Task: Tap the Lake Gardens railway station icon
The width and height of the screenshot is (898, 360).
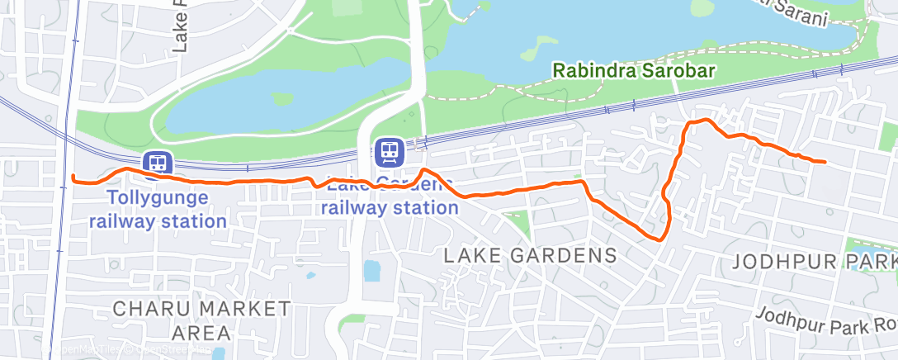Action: [390, 152]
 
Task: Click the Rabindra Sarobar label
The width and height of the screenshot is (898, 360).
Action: [634, 70]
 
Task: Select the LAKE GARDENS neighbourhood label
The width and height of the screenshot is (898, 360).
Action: [531, 255]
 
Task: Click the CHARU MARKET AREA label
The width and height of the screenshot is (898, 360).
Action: [201, 320]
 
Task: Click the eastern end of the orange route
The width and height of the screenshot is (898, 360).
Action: [825, 162]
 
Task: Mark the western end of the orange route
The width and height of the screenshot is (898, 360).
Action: [74, 178]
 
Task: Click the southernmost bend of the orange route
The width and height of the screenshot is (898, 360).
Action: [659, 239]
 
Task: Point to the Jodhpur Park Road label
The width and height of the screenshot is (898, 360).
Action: [825, 322]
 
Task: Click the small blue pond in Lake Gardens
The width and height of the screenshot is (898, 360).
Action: [371, 270]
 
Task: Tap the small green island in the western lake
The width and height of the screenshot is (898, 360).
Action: [282, 99]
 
